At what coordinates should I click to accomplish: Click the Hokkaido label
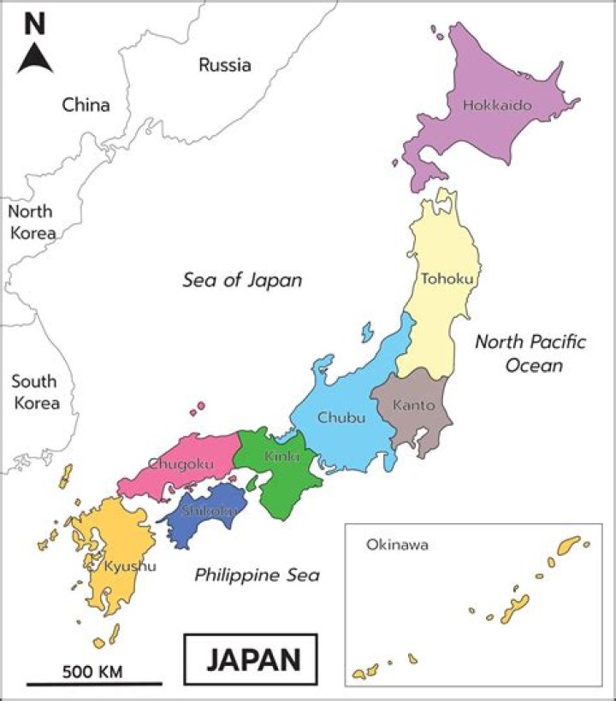[497, 106]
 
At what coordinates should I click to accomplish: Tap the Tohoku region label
[447, 278]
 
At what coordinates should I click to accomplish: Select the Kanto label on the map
[414, 405]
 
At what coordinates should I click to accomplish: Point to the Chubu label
[341, 417]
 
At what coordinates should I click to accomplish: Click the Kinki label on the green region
[281, 457]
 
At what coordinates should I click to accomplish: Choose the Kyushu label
[130, 566]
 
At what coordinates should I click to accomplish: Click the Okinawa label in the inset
[396, 544]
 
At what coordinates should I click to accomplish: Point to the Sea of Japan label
[243, 280]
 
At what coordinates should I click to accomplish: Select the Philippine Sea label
[257, 574]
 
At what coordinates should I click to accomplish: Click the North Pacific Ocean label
[530, 354]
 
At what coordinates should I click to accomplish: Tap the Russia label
[225, 64]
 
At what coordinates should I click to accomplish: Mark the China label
[86, 105]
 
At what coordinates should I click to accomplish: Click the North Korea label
[31, 221]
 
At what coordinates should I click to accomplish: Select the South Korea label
[35, 392]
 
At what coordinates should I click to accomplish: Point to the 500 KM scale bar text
[92, 671]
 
